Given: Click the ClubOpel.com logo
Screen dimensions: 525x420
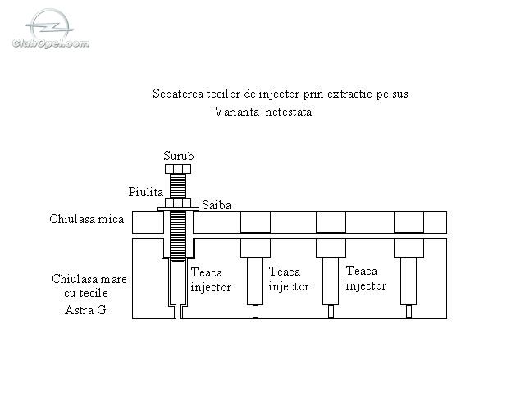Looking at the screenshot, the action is pos(51,30).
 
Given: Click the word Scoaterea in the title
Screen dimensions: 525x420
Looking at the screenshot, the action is pos(178,94).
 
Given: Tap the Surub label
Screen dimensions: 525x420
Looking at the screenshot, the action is pos(179,156).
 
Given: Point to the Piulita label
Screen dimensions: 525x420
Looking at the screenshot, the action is pos(146,192).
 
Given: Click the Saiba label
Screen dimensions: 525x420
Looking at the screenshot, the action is pos(217,205).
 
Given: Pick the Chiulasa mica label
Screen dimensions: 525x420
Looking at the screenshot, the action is pos(87,219).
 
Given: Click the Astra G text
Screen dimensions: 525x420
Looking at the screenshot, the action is pos(85,310).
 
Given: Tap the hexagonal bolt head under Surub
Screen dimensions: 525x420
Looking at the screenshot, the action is pos(178,169).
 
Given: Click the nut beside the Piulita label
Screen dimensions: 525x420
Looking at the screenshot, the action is pos(178,203).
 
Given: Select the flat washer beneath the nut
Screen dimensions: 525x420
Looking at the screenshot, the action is pos(178,209).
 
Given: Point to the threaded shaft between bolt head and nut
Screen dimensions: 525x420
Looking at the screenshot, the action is pos(178,185).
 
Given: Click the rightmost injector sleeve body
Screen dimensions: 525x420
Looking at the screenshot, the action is pos(409,281).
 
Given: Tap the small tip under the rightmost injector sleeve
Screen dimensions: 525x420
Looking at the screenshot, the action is pos(409,312).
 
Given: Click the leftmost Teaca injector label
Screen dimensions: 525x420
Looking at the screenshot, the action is pos(211,280).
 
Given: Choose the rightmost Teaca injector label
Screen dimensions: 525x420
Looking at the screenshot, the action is pos(366,278).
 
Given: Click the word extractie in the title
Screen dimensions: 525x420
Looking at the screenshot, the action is pos(349,94).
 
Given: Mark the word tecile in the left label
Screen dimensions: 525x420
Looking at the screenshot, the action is pos(94,294).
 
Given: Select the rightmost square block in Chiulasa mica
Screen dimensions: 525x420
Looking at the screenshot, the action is pos(409,221).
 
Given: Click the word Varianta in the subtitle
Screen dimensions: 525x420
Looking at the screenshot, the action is pos(237,112).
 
